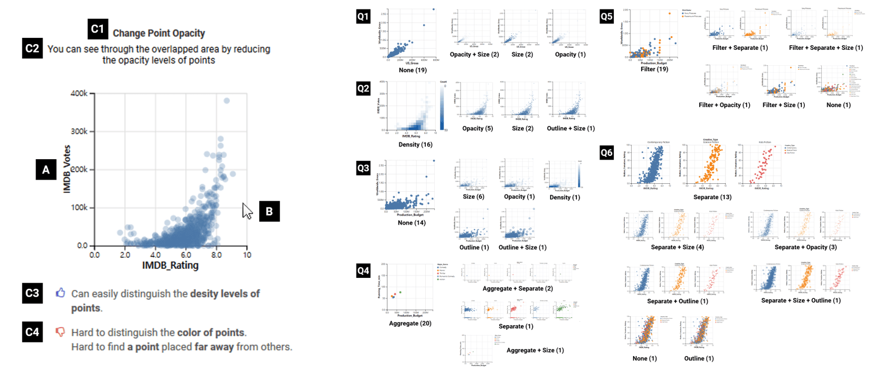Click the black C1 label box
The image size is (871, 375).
(x=98, y=29)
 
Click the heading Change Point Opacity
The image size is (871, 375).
(x=159, y=33)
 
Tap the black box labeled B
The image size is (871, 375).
(x=269, y=211)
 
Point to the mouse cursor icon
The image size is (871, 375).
(x=247, y=211)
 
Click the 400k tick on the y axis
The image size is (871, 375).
(x=79, y=93)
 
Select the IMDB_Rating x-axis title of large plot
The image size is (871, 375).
(x=170, y=265)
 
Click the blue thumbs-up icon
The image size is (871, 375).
(x=60, y=293)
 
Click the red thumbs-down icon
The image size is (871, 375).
(x=60, y=332)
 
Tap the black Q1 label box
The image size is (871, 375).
(x=363, y=16)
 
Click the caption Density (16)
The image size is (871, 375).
(x=415, y=144)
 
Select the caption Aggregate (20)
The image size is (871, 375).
(x=410, y=324)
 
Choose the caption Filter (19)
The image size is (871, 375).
(x=654, y=69)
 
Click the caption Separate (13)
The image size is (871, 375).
(x=712, y=197)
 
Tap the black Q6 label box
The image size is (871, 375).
(x=606, y=152)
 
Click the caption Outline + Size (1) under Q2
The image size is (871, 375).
(x=571, y=128)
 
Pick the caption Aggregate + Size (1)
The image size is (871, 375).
(x=535, y=350)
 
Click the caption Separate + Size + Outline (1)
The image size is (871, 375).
(x=801, y=300)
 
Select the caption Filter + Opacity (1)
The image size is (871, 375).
(x=724, y=105)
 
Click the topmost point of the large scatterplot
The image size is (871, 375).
(x=226, y=100)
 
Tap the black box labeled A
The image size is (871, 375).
(x=46, y=170)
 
